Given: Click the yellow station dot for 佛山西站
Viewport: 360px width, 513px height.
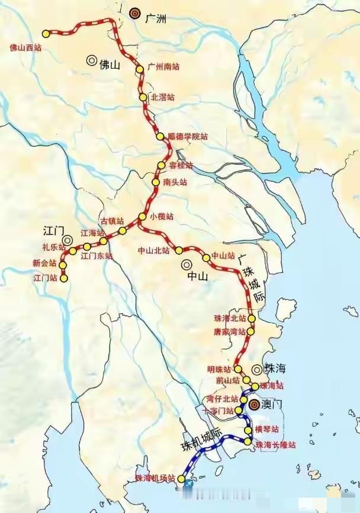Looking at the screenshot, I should (x=46, y=34).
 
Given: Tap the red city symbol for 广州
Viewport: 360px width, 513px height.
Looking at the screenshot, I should (x=134, y=12).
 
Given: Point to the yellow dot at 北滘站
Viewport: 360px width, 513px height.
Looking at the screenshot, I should (x=143, y=97).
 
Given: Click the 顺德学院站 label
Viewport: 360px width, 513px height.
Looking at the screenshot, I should (x=188, y=137).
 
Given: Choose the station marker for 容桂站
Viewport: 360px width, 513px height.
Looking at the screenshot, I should (x=160, y=165).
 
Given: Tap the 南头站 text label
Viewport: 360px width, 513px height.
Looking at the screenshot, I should (x=175, y=182).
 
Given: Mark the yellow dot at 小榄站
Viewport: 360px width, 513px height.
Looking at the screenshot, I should (x=142, y=217).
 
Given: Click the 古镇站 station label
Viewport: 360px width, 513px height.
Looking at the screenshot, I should (x=112, y=221).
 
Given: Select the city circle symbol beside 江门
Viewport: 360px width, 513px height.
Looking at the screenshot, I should (x=68, y=240).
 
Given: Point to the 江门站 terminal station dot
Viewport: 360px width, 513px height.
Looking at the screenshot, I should (x=64, y=278).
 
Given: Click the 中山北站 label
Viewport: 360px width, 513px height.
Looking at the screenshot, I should (x=153, y=251).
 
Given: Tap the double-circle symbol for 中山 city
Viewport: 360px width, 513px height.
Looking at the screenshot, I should (x=187, y=265).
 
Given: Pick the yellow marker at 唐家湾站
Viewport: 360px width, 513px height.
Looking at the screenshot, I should (x=250, y=332).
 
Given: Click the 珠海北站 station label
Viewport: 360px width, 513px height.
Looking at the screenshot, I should (x=230, y=319).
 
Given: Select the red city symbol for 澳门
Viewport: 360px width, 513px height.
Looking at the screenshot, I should (x=254, y=405).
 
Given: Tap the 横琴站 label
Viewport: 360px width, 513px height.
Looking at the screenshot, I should (x=266, y=429).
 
